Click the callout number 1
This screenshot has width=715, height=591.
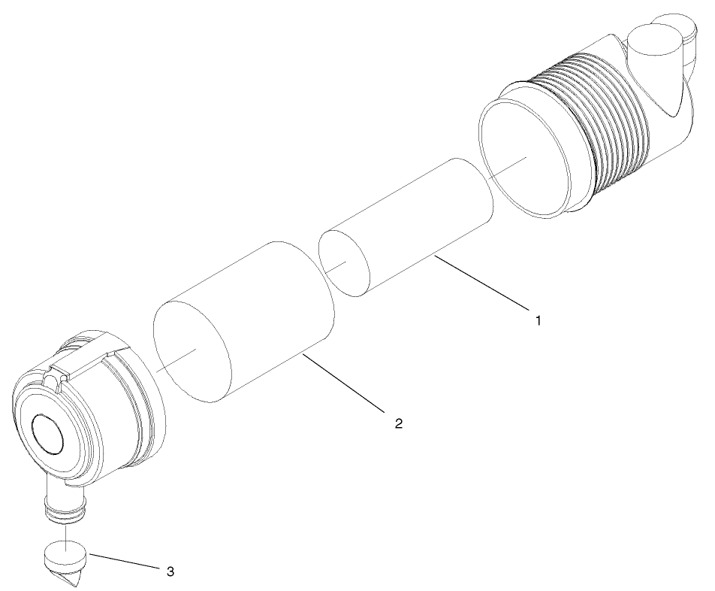(x=538, y=320)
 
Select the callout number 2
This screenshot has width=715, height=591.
(x=398, y=423)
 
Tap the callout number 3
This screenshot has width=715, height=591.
(x=170, y=571)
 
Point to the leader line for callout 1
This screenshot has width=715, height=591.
(x=481, y=283)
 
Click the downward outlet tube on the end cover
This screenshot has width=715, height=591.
(x=63, y=500)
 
